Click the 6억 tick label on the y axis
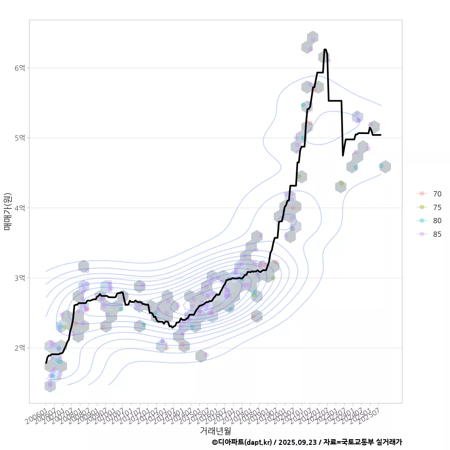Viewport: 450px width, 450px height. [19, 68]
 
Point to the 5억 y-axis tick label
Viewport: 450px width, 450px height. [19, 138]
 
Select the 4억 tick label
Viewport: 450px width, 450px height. [19, 208]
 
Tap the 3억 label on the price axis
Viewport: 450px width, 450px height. [19, 278]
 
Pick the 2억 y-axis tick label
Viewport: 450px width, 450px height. [19, 348]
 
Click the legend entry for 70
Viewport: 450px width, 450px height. [437, 194]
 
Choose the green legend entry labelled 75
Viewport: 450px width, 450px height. [437, 207]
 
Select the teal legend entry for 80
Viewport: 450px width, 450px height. [437, 221]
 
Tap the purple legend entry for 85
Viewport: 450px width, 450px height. [437, 234]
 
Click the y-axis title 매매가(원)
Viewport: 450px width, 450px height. [7, 211]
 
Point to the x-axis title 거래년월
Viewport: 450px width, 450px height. [215, 430]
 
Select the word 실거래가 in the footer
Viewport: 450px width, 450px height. [389, 442]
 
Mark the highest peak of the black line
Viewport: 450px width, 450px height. [325, 49]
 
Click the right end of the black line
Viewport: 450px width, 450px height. [381, 135]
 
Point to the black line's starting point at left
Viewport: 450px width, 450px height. [46, 363]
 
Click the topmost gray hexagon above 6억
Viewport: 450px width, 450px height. [313, 37]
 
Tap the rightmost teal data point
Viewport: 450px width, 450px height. [381, 166]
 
